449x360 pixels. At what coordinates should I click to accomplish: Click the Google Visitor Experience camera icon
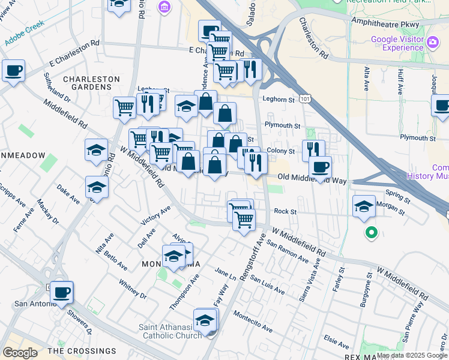[x=433, y=43]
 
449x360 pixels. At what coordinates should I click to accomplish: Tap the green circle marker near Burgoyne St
[x=372, y=232]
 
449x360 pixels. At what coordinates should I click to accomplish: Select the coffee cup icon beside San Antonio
[x=62, y=293]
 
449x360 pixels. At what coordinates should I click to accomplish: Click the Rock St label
[x=285, y=211]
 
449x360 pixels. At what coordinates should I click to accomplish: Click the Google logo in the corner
[x=19, y=352]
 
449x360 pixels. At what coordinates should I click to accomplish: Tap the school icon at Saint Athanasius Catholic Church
[x=205, y=320]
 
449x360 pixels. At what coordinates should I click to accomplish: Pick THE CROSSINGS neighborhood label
[x=82, y=351]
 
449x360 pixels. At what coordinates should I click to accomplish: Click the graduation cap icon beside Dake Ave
[x=96, y=187]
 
